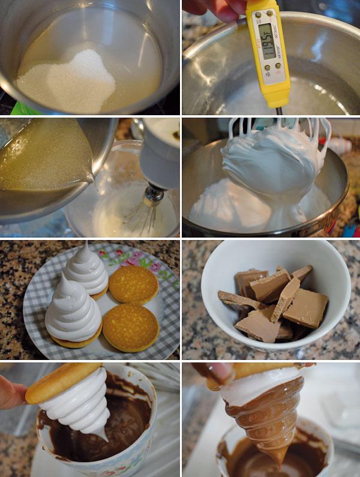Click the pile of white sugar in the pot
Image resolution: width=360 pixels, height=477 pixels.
[x=72, y=81]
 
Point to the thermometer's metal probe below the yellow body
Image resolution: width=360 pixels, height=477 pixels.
[x=278, y=110]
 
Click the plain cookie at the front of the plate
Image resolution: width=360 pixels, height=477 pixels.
[x=130, y=327]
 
